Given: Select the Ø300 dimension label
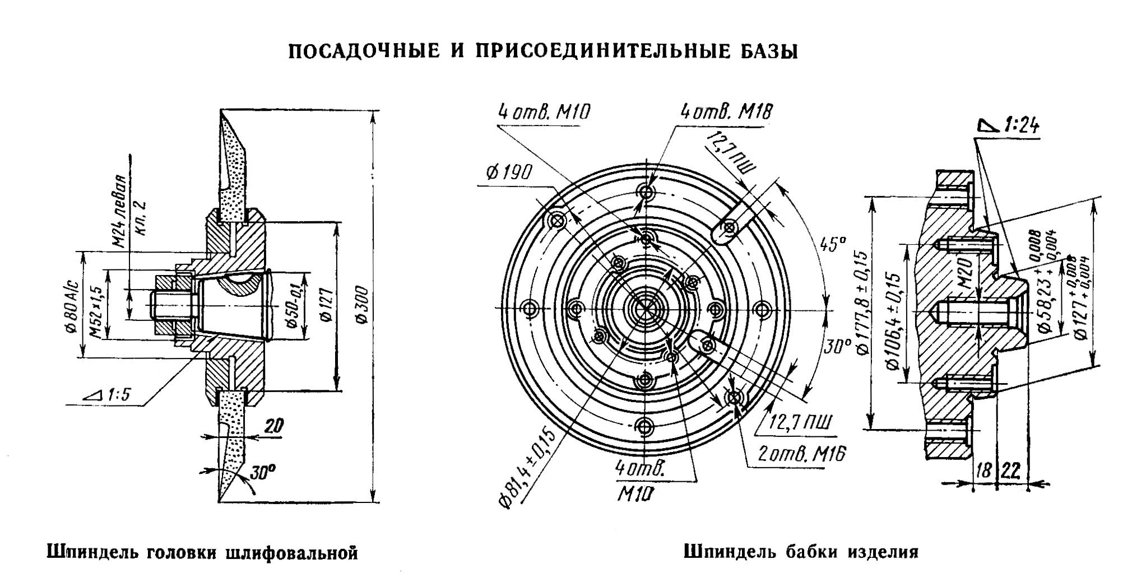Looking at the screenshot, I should coord(361,305).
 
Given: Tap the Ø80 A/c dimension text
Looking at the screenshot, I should coord(71,305).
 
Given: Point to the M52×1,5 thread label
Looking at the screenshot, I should coord(95,305).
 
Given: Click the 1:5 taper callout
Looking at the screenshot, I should coord(110,395).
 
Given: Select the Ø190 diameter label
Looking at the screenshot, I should coord(508,173).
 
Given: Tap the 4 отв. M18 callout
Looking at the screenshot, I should coord(726,112).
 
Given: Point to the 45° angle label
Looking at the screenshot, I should coord(832,245).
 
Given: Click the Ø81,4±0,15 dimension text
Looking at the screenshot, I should coord(527,468).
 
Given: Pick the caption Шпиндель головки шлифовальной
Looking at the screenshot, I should coord(202,553).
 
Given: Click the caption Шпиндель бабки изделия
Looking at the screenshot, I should coord(801,552).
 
